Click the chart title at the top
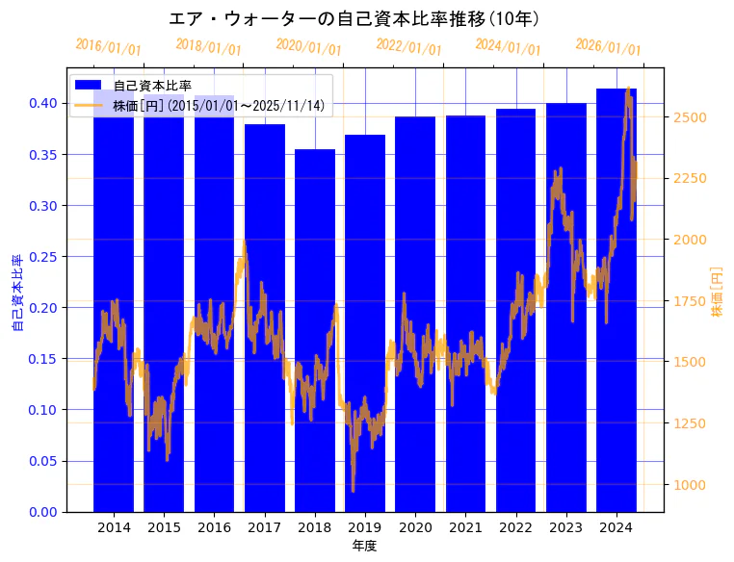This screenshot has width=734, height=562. click(x=354, y=18)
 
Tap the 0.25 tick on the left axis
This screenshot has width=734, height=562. click(x=43, y=256)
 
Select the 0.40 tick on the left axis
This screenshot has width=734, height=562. click(x=43, y=103)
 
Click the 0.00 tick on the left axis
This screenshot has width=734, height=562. click(x=43, y=512)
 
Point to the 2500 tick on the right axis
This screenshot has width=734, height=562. click(x=692, y=117)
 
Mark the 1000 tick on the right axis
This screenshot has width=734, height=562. click(x=692, y=485)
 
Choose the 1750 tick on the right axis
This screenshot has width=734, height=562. click(x=692, y=301)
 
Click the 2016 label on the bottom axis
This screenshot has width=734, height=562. click(x=214, y=527)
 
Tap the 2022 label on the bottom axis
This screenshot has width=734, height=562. click(x=515, y=527)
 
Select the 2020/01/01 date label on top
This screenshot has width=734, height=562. click(x=308, y=47)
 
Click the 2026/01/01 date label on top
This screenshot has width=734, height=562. click(x=608, y=47)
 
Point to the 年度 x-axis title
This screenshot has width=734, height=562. click(x=364, y=546)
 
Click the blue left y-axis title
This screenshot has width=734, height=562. click(x=17, y=294)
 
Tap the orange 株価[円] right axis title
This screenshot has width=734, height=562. click(x=717, y=293)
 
